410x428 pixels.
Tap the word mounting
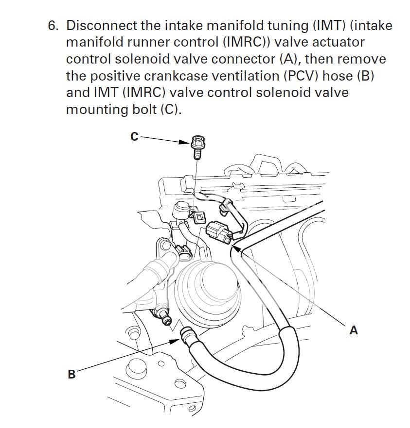pos(95,110)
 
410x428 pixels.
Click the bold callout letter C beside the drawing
pos(134,137)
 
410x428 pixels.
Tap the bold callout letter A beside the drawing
pos(354,330)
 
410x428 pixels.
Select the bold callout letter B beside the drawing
pos(71,374)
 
